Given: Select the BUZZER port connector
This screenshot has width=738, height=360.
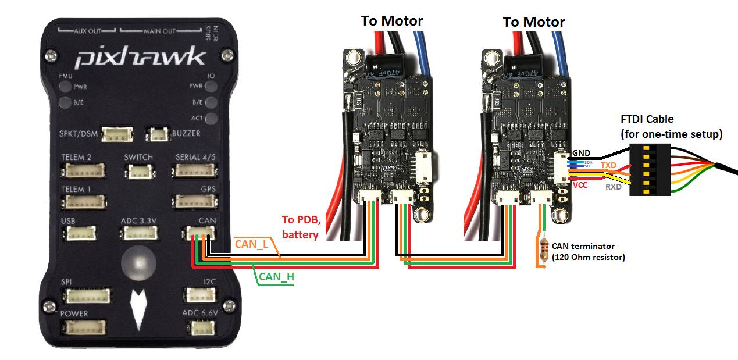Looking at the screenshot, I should [x=158, y=134].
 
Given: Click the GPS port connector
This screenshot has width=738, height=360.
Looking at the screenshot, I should [x=194, y=201].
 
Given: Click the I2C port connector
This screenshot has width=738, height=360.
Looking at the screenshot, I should [x=199, y=295].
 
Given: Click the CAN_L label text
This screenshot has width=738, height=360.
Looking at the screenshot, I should [x=251, y=244].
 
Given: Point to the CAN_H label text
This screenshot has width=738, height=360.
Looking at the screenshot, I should [x=276, y=277].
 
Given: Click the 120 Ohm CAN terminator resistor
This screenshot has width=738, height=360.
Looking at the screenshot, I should [x=544, y=250].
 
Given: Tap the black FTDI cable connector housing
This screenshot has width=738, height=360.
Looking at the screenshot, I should [x=649, y=170].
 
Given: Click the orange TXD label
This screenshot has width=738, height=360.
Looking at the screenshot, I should [x=608, y=165].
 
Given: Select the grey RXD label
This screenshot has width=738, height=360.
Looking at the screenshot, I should [x=613, y=187].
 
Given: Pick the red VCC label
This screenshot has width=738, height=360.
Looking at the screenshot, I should [x=580, y=186].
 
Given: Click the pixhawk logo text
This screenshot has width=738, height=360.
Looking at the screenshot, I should [x=140, y=58].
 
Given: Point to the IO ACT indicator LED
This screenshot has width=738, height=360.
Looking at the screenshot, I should [x=212, y=118].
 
